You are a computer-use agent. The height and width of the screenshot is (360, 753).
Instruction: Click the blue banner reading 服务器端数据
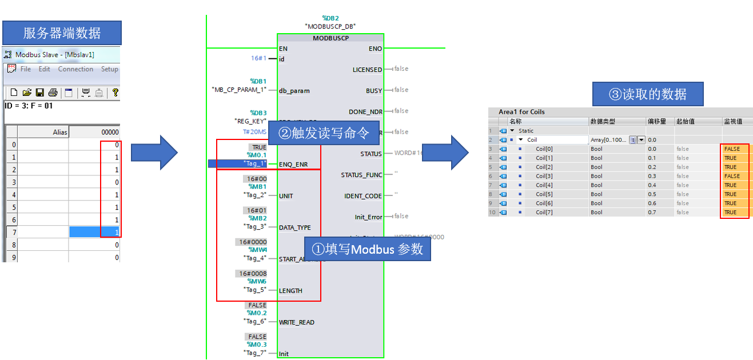[x=62, y=33]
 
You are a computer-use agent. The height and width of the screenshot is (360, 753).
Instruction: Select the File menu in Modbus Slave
[x=26, y=69]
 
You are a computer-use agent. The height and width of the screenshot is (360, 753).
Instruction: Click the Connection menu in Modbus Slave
[x=75, y=69]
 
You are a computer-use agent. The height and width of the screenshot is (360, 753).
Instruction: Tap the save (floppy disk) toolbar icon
[x=40, y=93]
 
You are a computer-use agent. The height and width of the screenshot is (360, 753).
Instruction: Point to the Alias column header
[x=59, y=132]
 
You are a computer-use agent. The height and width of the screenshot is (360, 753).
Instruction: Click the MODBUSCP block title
[x=330, y=38]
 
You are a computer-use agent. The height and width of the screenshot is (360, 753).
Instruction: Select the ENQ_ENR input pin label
[x=293, y=165]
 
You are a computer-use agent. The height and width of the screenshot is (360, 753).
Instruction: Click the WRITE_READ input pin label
[x=297, y=322]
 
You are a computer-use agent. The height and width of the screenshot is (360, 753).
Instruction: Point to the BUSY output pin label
[x=374, y=90]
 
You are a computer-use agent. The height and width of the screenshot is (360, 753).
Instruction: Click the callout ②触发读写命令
[x=323, y=134]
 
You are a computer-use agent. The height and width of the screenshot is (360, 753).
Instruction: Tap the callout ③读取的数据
[x=648, y=94]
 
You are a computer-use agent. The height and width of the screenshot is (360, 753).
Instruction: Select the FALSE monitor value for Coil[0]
[x=732, y=149]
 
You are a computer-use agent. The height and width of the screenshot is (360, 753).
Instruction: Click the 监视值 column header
[x=734, y=122]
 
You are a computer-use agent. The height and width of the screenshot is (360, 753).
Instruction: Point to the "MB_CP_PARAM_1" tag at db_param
[x=238, y=90]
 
